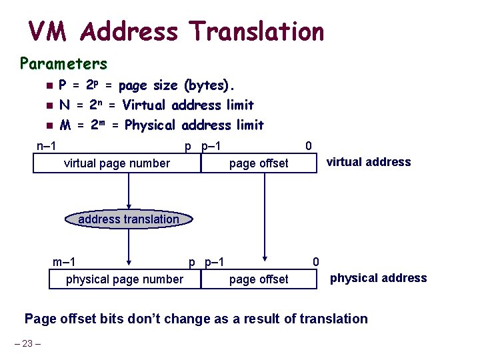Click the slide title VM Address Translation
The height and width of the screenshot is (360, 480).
click(176, 31)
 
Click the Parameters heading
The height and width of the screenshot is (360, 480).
click(63, 64)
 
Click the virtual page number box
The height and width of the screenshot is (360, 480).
click(117, 163)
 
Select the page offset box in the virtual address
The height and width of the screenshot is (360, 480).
click(259, 163)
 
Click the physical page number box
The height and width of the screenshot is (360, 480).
click(125, 279)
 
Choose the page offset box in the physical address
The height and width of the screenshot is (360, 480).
click(259, 279)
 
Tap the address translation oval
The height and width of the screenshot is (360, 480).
click(129, 219)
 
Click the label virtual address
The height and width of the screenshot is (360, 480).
click(368, 162)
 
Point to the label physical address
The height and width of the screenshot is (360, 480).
click(379, 278)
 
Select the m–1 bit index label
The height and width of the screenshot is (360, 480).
click(64, 261)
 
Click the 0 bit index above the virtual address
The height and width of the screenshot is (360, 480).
click(307, 146)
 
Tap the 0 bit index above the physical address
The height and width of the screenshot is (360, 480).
click(317, 261)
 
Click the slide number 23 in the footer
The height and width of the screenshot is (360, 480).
click(27, 344)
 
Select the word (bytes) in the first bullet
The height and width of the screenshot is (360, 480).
click(209, 85)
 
